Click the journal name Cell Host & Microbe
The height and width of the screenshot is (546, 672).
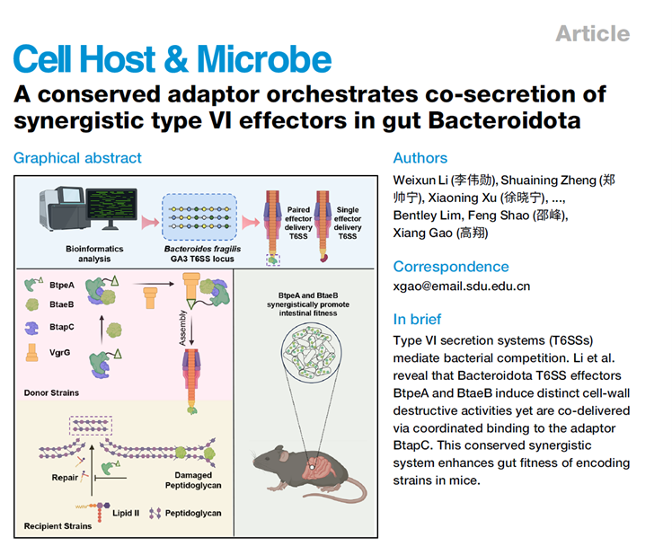pyautogui.click(x=172, y=59)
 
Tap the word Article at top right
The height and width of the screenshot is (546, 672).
pyautogui.click(x=592, y=34)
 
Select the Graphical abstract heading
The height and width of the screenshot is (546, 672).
pyautogui.click(x=77, y=158)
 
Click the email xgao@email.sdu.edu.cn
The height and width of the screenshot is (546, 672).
pyautogui.click(x=462, y=286)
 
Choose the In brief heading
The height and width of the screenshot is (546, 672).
pyautogui.click(x=418, y=319)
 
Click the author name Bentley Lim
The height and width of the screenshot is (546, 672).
pyautogui.click(x=430, y=216)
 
